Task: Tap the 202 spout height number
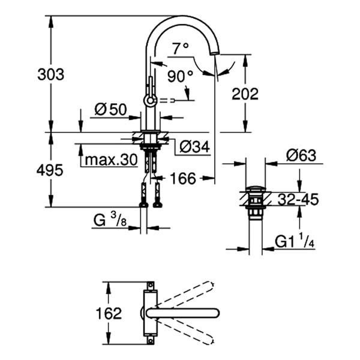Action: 245,94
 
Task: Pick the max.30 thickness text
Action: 111,160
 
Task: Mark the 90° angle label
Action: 180,76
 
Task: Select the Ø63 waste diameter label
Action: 301,155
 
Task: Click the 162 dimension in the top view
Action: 109,313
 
